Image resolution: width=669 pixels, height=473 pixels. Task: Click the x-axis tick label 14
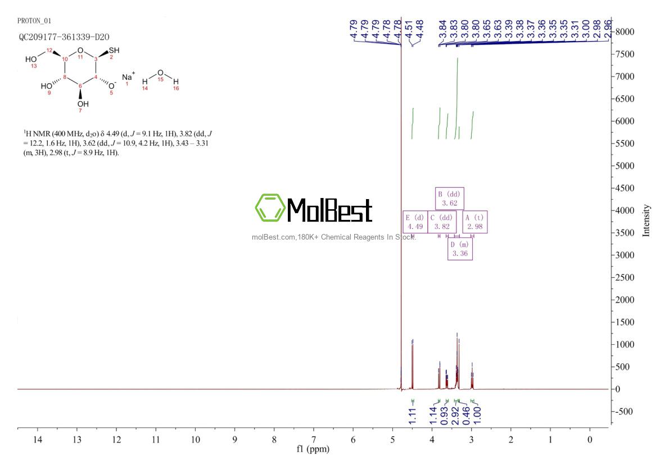(38, 439)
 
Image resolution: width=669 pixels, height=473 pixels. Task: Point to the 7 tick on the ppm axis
(314, 439)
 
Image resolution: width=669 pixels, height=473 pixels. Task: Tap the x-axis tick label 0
(590, 439)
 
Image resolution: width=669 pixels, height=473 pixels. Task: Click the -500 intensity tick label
(625, 411)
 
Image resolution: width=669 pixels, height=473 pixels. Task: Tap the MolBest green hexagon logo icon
(269, 208)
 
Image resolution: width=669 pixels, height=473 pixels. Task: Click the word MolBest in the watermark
(329, 210)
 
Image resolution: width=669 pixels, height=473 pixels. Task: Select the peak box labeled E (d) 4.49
(414, 222)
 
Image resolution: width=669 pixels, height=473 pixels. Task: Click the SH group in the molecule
(114, 50)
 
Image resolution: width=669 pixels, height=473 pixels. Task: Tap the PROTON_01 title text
(34, 21)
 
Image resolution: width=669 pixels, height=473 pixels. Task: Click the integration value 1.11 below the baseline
(412, 416)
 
